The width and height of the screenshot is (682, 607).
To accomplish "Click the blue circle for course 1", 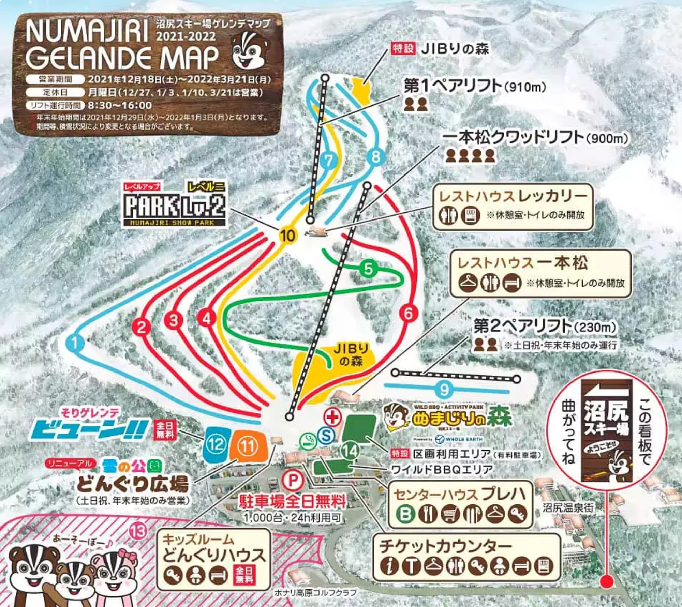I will (x=74, y=343).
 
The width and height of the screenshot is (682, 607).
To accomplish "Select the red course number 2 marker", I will (x=142, y=327).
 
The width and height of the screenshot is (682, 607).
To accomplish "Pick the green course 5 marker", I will (x=368, y=269).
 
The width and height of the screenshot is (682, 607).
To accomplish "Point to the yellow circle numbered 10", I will (x=287, y=236).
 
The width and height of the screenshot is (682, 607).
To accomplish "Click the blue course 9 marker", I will (x=444, y=389).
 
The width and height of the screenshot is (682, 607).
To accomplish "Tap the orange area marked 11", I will (x=248, y=446).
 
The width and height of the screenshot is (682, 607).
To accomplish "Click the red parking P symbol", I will (x=292, y=481).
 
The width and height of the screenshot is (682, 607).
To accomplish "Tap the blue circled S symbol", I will (x=326, y=435).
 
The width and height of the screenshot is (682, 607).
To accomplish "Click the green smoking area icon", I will (x=308, y=440).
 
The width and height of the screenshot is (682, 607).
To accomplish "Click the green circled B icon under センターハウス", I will (x=405, y=514).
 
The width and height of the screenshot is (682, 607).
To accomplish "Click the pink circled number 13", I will (x=138, y=531).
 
